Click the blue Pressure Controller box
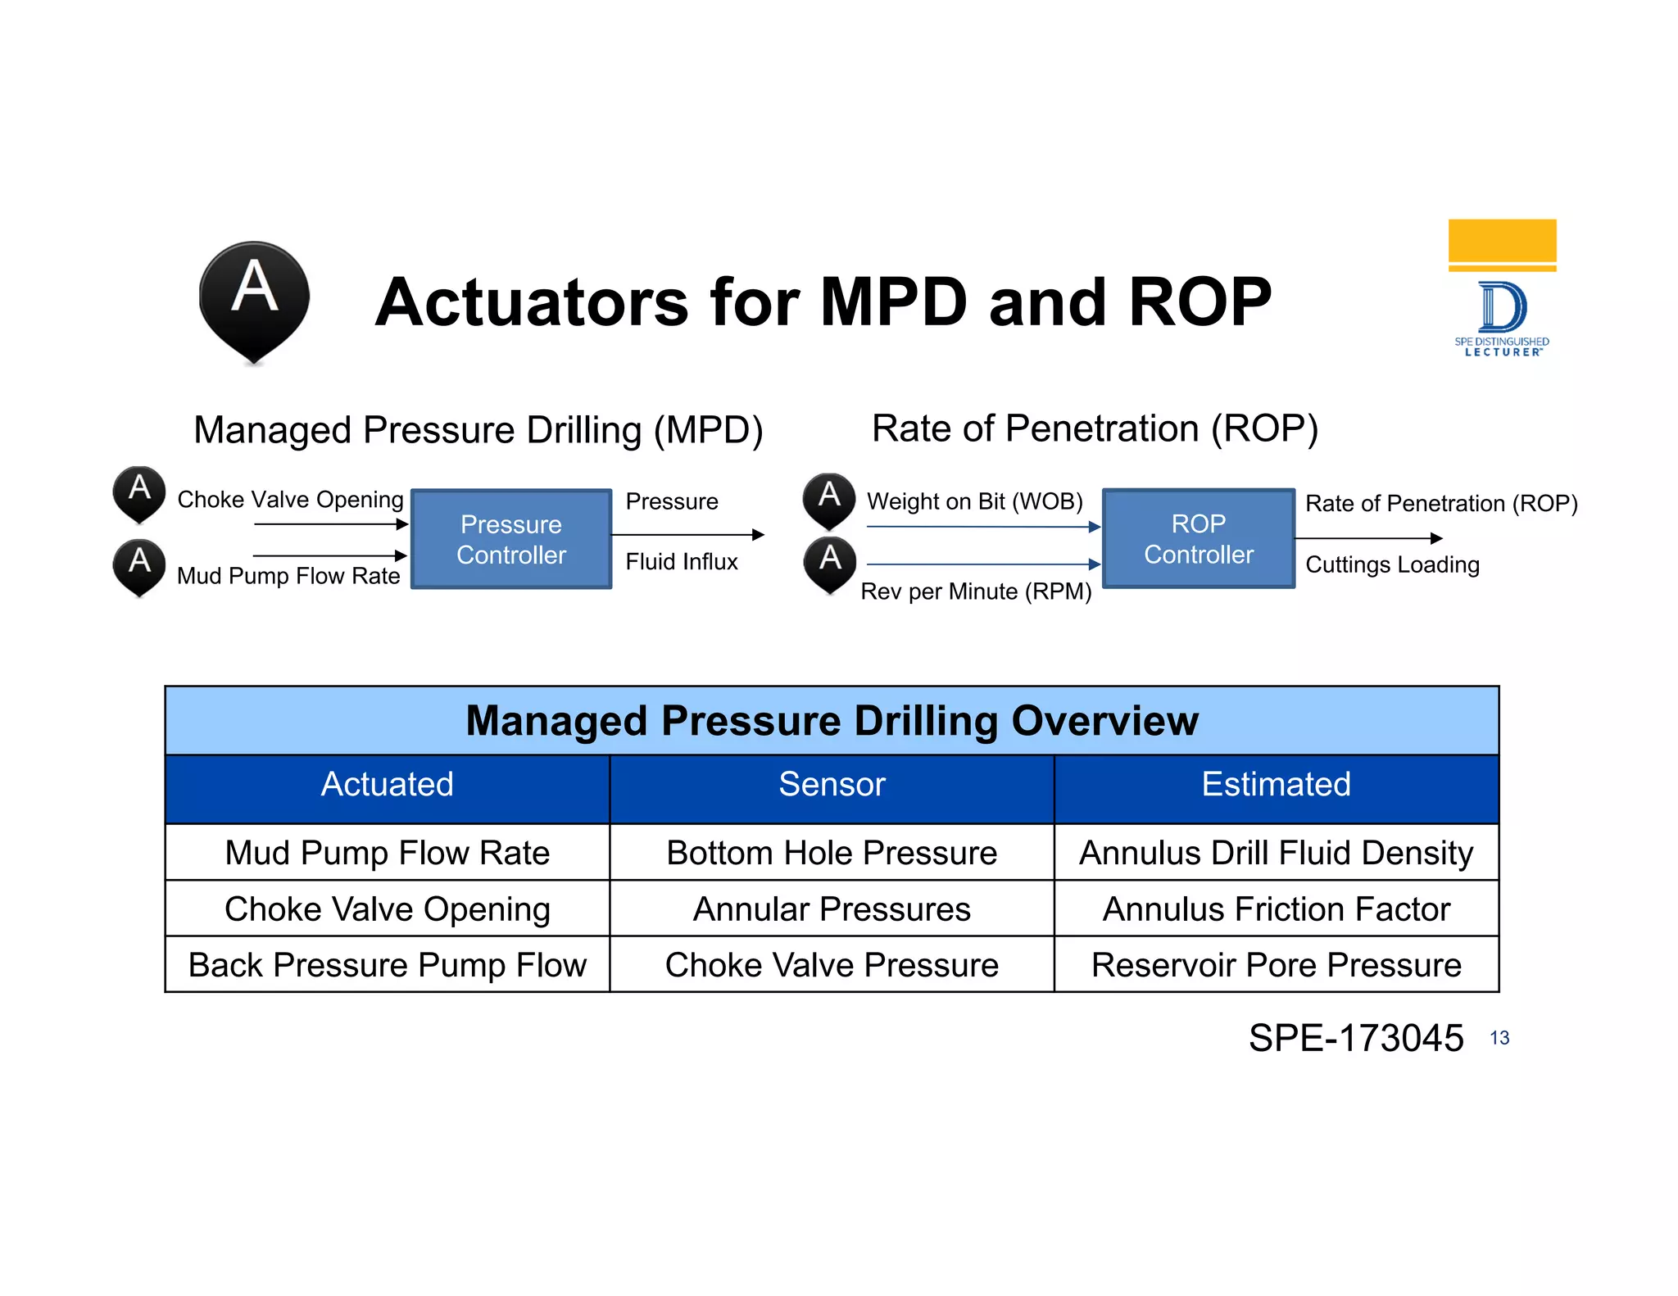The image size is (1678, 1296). [511, 539]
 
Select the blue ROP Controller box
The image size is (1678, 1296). [1198, 539]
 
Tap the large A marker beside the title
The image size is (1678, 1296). [254, 300]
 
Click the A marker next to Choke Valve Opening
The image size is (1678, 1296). [139, 493]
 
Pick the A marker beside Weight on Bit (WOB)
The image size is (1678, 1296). [829, 500]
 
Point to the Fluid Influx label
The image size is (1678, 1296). [682, 562]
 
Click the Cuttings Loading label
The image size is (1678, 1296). [1392, 564]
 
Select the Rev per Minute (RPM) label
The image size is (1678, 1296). [976, 591]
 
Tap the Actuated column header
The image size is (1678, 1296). [387, 785]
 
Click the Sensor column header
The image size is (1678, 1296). [832, 785]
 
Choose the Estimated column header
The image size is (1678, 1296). [1276, 785]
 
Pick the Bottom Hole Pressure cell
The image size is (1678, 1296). [832, 853]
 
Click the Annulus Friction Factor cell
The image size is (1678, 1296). [1276, 909]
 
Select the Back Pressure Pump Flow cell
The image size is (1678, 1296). [387, 965]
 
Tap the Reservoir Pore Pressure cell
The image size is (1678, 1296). [1276, 965]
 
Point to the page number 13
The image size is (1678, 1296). [1499, 1038]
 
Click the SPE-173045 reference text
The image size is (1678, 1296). [1356, 1038]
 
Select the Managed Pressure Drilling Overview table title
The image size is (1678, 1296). [832, 721]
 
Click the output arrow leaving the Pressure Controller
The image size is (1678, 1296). [688, 535]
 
